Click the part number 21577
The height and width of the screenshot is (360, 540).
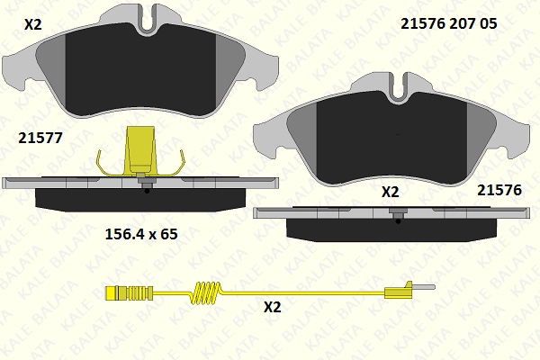click(40, 138)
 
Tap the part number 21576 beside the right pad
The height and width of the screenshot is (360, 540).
click(499, 190)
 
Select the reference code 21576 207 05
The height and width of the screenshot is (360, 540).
click(449, 23)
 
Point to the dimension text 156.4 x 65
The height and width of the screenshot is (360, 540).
click(141, 234)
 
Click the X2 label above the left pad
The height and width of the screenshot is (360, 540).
click(33, 24)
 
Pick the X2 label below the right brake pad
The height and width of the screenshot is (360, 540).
click(391, 192)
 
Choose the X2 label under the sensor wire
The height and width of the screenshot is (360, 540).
click(273, 307)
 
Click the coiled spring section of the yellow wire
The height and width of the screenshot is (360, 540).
click(205, 292)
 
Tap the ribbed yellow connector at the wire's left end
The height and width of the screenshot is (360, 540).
click(129, 293)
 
